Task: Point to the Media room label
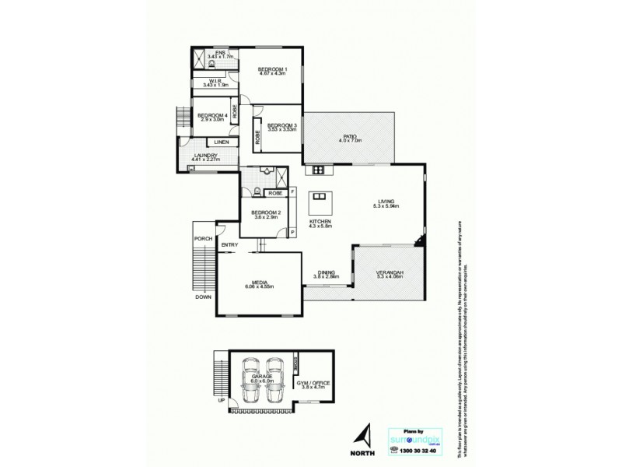coord(259,283)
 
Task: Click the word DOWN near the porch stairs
coord(202,297)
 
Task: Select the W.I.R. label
coord(215,83)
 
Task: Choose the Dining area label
coord(327,273)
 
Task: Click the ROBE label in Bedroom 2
coord(274,192)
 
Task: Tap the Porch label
coord(203,238)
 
